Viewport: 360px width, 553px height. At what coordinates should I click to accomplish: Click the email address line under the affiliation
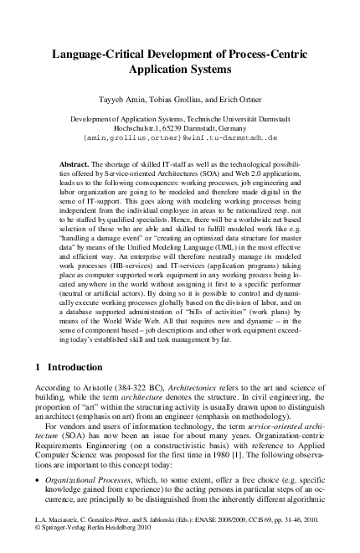pyautogui.click(x=180, y=136)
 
